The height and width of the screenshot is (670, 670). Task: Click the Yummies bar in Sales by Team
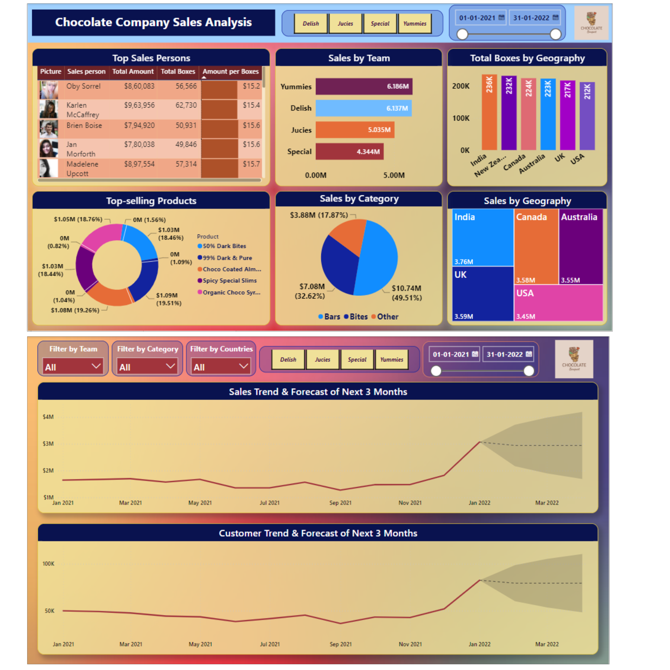[x=363, y=86]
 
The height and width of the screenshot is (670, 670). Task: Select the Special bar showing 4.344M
[x=349, y=151]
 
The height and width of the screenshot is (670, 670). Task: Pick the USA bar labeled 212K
[x=587, y=116]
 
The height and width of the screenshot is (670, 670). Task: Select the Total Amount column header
[x=133, y=71]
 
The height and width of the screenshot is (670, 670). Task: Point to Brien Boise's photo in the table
[x=48, y=129]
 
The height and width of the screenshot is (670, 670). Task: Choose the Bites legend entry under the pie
[x=356, y=317]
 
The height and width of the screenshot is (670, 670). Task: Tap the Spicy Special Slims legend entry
[x=229, y=280]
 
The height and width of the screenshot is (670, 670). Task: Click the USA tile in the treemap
[x=558, y=303]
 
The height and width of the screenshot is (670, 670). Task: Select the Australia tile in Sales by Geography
[x=581, y=246]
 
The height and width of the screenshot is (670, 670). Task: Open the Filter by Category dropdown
[x=147, y=366]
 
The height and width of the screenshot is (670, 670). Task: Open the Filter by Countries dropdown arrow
[x=244, y=366]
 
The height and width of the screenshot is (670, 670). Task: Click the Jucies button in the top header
[x=345, y=23]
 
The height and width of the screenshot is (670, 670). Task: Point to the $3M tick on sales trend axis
[x=48, y=444]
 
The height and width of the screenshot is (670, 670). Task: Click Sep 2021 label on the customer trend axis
[x=341, y=644]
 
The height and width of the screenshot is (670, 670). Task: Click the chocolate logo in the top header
[x=591, y=23]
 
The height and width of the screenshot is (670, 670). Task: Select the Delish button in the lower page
[x=288, y=359]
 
